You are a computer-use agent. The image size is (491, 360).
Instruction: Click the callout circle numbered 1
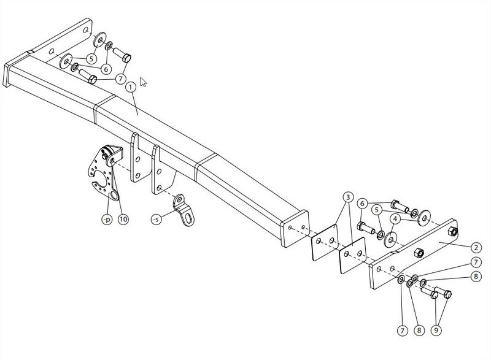point(131,88)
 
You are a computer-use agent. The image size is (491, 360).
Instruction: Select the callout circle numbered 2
point(476,248)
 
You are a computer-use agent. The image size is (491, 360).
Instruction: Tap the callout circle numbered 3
point(348,197)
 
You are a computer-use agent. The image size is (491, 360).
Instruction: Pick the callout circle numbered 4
point(395,220)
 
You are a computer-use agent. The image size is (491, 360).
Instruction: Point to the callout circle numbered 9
point(436,330)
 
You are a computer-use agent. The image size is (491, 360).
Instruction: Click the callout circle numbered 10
point(123,220)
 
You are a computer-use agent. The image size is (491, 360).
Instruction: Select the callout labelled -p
point(107,220)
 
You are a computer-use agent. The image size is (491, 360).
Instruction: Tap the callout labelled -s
point(157,220)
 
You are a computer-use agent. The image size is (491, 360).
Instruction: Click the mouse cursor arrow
point(144,82)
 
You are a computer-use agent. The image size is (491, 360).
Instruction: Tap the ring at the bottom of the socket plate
point(115,196)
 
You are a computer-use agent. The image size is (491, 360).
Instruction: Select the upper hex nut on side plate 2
point(452,232)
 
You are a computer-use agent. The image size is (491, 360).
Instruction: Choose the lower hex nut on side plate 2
point(419,253)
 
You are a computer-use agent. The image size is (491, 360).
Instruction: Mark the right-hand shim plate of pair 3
point(354,256)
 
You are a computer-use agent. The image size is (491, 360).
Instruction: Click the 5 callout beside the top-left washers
point(91,58)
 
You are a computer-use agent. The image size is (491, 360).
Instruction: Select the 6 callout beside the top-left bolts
point(106,69)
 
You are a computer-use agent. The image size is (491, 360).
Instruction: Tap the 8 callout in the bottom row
point(419,330)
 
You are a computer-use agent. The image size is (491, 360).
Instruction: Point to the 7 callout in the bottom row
point(403,331)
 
